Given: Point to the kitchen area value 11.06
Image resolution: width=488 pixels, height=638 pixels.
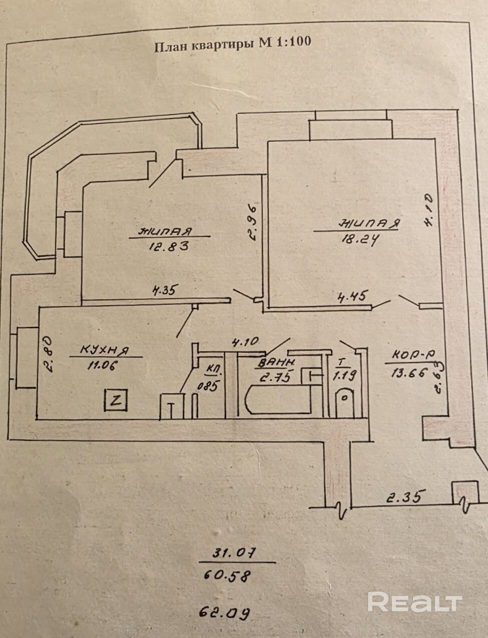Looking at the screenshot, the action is (x=102, y=365).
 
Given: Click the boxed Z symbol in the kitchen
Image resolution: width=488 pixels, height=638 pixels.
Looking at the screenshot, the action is (x=116, y=400).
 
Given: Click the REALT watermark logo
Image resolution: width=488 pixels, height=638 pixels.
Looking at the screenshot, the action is (x=415, y=601).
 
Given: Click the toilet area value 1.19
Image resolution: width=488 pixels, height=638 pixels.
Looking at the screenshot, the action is (x=345, y=375).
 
